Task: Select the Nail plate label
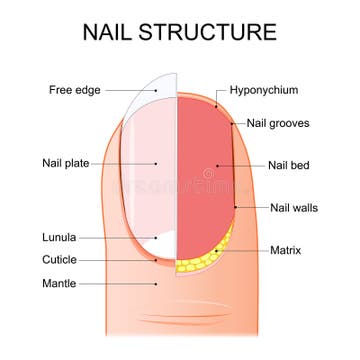pos(65,163)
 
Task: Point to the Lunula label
pos(59,237)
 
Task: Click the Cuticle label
pos(59,259)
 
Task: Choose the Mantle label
pos(59,283)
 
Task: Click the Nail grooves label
pos(281,125)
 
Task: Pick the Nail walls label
pos(291,208)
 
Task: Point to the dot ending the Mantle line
pos(157,283)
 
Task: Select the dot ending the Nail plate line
pos(157,163)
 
